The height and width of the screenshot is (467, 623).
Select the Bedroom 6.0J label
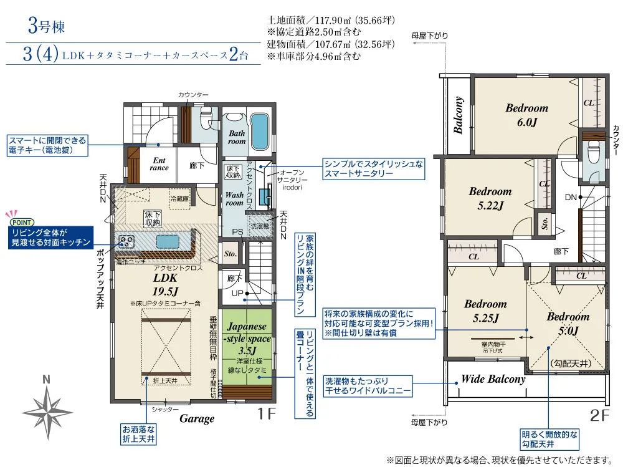526,115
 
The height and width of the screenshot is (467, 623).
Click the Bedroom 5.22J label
490,198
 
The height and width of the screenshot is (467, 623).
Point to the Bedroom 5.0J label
568,324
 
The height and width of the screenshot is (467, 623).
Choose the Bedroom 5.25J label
485,311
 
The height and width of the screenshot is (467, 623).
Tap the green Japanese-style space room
247,347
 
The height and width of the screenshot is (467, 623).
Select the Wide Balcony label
493,379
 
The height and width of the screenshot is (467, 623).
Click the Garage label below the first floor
197,419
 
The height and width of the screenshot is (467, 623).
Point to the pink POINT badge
21,221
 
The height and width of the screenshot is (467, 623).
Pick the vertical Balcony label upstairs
459,116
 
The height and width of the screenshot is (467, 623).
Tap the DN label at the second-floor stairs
571,197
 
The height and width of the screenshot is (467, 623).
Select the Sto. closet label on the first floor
230,254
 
